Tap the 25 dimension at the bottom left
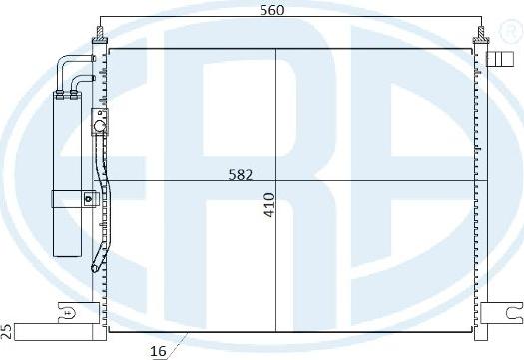click(7, 329)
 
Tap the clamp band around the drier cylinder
click(69, 196)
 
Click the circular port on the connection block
click(98, 126)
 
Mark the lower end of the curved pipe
click(95, 266)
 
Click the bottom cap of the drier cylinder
click(69, 249)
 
